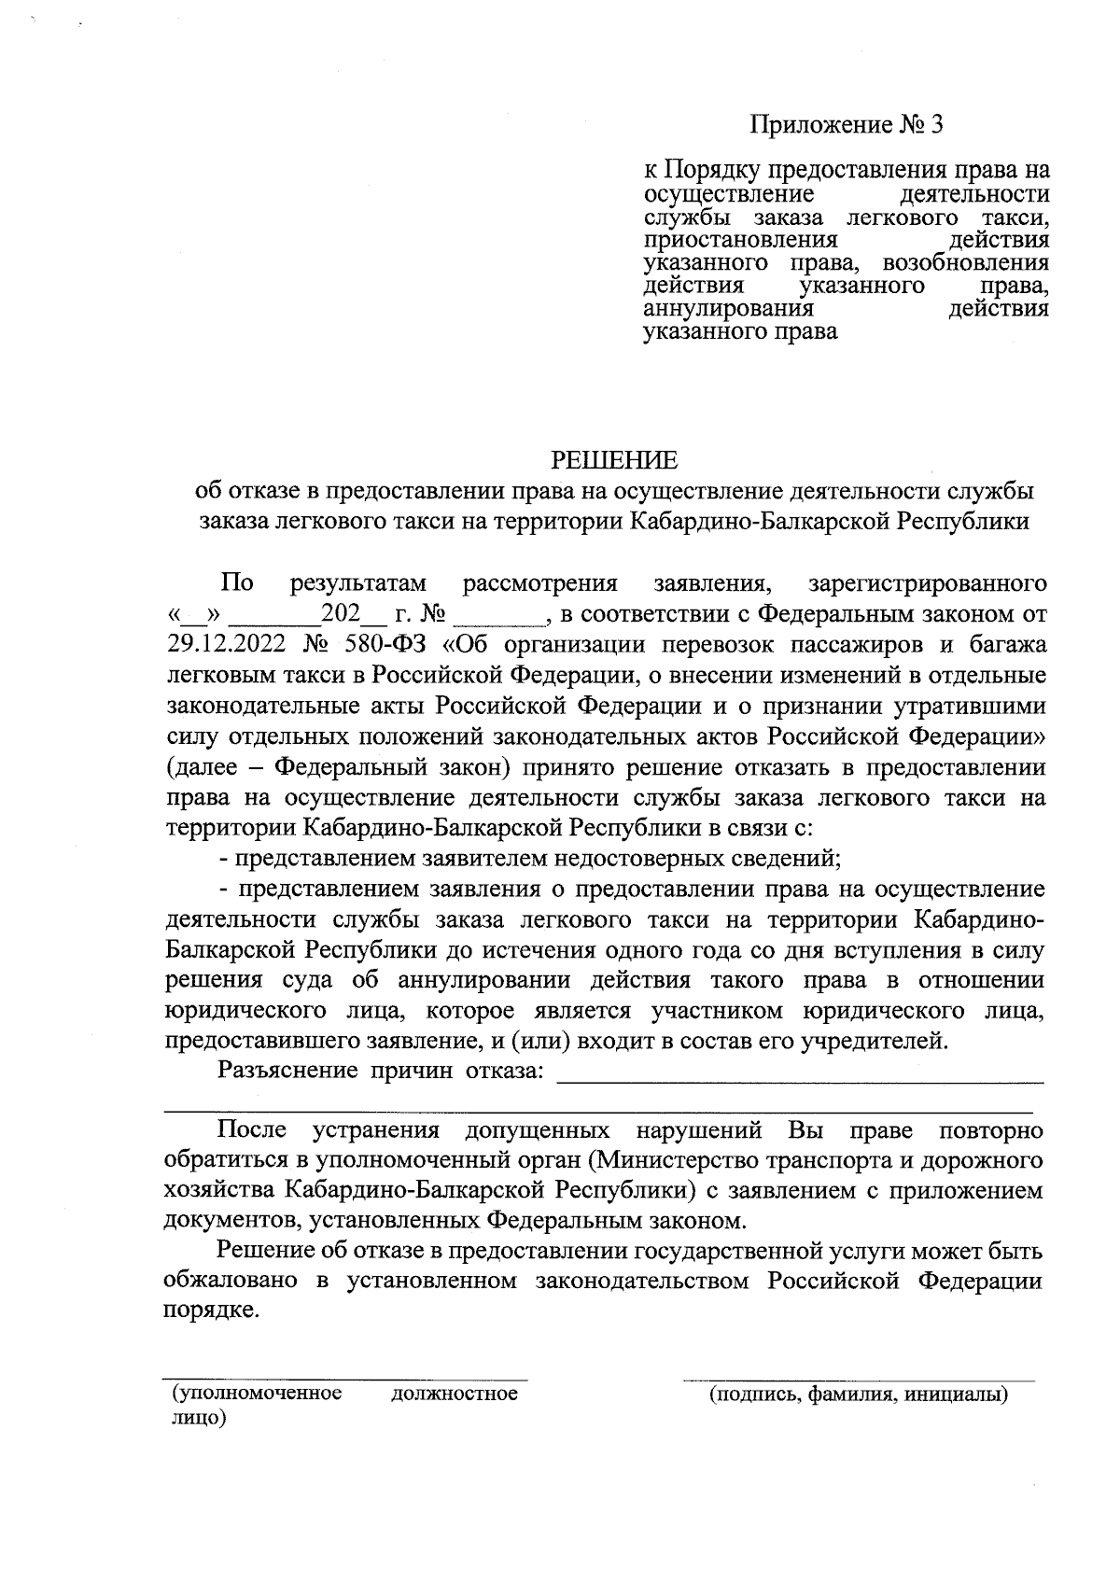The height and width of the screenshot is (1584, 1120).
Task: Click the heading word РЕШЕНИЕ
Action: coord(613,460)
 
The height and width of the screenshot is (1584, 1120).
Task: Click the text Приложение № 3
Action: coord(847,124)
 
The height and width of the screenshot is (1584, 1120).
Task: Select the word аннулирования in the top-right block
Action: coord(729,308)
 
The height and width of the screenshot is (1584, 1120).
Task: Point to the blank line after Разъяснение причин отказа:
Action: coord(800,1072)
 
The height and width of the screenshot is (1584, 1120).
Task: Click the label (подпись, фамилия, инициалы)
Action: coord(859,1395)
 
